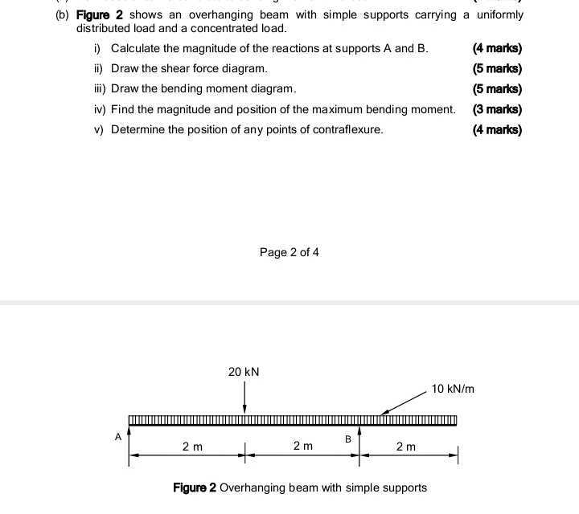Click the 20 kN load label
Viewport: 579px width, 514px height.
pos(244,372)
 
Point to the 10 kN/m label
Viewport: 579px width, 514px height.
pos(453,389)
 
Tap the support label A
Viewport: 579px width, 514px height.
pos(118,437)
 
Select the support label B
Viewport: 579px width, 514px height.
pos(348,439)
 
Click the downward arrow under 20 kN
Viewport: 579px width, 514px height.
pos(245,397)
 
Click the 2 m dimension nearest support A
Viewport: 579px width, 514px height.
pos(192,447)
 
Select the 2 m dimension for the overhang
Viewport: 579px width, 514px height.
pos(406,447)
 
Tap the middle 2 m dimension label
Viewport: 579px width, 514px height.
pos(302,446)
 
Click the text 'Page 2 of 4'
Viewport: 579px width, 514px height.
pos(289,252)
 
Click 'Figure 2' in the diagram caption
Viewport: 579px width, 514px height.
pos(195,487)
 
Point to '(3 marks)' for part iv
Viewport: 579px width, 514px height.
pos(497,109)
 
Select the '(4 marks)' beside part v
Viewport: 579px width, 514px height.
pos(497,129)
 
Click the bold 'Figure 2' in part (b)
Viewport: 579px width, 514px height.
pos(101,14)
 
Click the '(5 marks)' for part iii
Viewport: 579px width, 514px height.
pos(497,89)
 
